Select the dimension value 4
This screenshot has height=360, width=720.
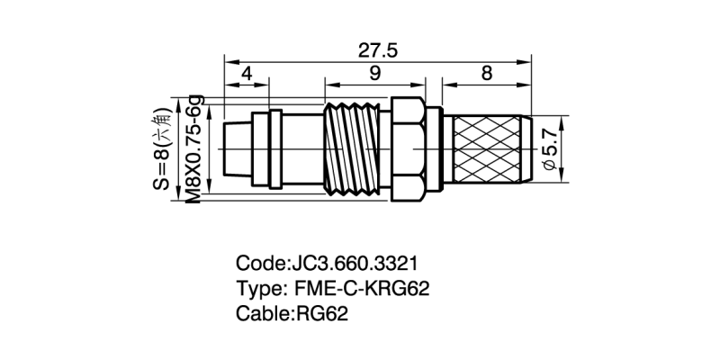click(246, 74)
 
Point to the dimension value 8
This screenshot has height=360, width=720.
click(487, 74)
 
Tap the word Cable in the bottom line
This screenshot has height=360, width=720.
click(262, 314)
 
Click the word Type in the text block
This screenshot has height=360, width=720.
click(258, 289)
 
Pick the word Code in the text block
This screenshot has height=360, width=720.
click(261, 264)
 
